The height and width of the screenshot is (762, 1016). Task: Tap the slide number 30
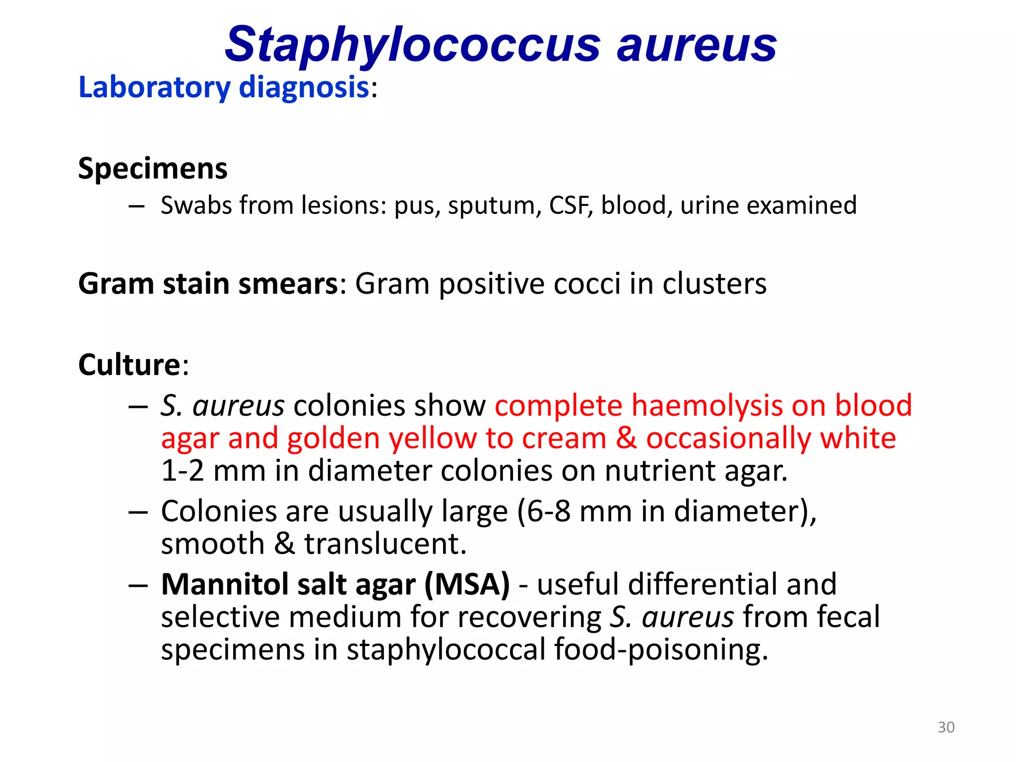click(946, 727)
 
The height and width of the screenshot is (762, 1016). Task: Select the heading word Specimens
click(153, 169)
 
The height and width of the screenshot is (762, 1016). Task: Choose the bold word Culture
click(129, 365)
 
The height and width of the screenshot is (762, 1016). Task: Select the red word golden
click(333, 439)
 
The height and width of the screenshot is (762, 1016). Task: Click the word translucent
click(385, 544)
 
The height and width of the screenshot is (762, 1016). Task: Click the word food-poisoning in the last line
click(661, 650)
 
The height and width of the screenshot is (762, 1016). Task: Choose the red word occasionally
click(728, 439)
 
